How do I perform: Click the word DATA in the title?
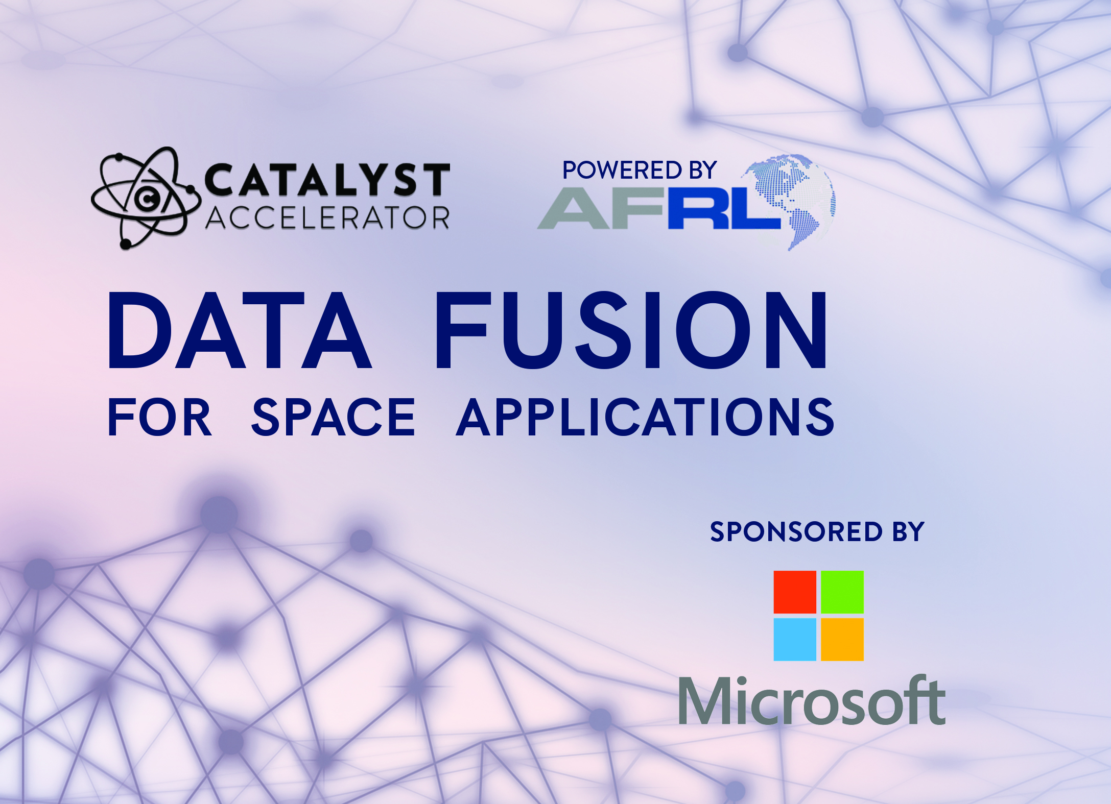(239, 330)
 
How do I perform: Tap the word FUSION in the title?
(630, 330)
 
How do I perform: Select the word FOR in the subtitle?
(159, 417)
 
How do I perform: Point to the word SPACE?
(333, 417)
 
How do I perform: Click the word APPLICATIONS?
(645, 417)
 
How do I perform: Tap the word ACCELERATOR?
(327, 218)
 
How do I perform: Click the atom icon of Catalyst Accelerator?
(146, 198)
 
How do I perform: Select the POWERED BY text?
(639, 170)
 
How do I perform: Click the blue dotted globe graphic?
(789, 201)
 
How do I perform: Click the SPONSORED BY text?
(817, 532)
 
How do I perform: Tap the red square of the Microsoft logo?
(795, 592)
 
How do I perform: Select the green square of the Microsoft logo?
(842, 592)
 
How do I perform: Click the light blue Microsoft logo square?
(795, 640)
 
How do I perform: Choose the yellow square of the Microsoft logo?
(842, 640)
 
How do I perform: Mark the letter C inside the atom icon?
(147, 200)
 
